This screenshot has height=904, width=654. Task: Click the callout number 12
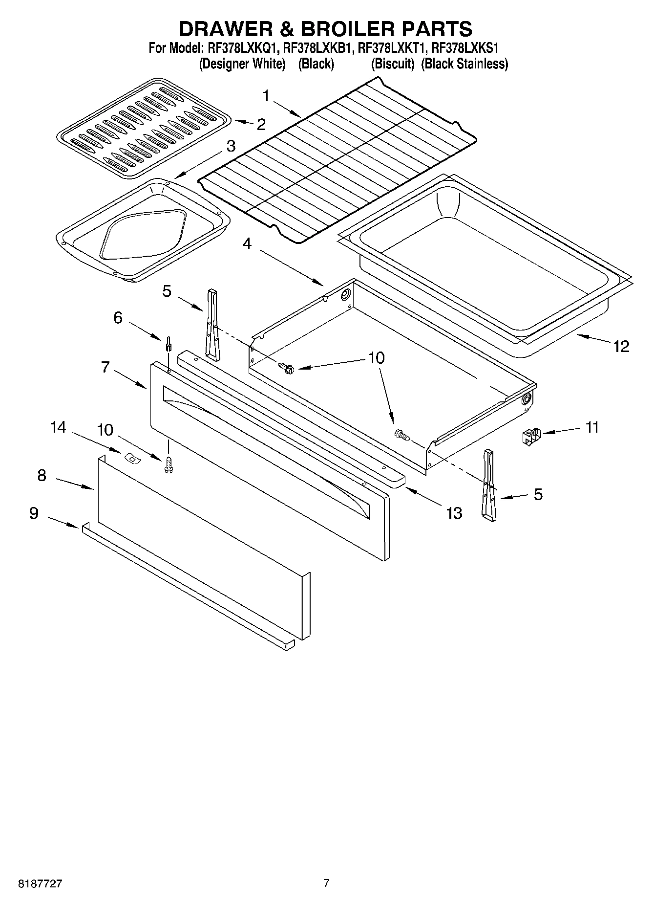pyautogui.click(x=621, y=346)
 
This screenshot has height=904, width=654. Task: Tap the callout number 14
pyautogui.click(x=58, y=427)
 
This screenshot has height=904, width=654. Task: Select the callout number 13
pyautogui.click(x=454, y=513)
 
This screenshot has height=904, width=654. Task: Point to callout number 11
pyautogui.click(x=592, y=427)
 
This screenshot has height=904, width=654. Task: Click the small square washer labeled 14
pyautogui.click(x=131, y=458)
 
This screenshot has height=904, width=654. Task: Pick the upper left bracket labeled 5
pyautogui.click(x=213, y=324)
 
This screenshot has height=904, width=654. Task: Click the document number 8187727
pyautogui.click(x=40, y=884)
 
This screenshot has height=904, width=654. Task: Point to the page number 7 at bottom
pyautogui.click(x=326, y=883)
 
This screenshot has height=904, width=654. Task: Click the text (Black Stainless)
pyautogui.click(x=464, y=64)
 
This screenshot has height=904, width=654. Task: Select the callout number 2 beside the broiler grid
pyautogui.click(x=261, y=125)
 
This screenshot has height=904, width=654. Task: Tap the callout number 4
pyautogui.click(x=247, y=243)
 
